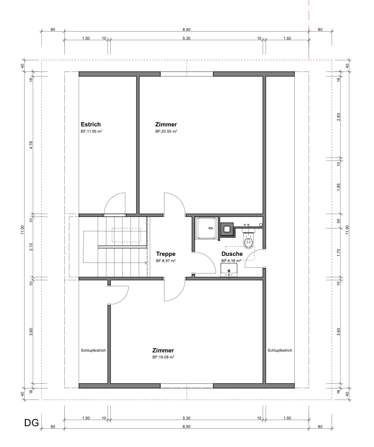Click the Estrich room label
(x=91, y=124)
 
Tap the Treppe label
(x=166, y=254)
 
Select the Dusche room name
(x=232, y=254)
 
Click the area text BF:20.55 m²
(x=166, y=131)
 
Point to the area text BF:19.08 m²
(x=163, y=357)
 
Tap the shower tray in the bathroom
(x=207, y=228)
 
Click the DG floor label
(x=32, y=423)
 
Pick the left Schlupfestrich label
(x=93, y=350)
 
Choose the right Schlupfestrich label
(x=280, y=350)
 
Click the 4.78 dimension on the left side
(x=31, y=145)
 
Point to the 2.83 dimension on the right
(x=338, y=117)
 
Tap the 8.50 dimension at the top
(x=186, y=29)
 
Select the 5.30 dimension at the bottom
(x=186, y=418)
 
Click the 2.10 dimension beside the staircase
(x=31, y=247)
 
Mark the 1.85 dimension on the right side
(x=338, y=187)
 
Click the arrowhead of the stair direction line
(x=146, y=263)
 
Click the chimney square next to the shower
(x=227, y=229)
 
